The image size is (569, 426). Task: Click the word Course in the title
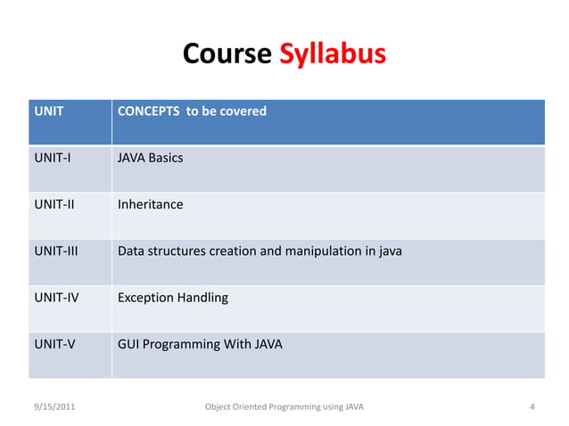(x=227, y=54)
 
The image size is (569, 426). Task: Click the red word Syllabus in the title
(x=332, y=55)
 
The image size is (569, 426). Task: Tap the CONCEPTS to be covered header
(x=192, y=112)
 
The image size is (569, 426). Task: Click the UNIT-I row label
(x=52, y=159)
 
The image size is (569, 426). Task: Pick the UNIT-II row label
(x=54, y=205)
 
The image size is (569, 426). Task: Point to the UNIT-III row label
(x=55, y=251)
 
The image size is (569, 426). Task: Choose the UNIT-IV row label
(x=55, y=298)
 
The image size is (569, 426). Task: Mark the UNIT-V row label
(x=54, y=344)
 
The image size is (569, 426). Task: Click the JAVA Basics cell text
(x=150, y=159)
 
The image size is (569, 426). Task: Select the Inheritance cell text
(x=150, y=205)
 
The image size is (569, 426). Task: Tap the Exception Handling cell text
(x=172, y=298)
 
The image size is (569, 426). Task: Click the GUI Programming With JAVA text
(x=200, y=344)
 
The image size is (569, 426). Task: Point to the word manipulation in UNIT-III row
(x=319, y=251)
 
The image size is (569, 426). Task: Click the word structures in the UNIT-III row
(x=177, y=251)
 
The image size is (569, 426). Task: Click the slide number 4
(x=532, y=408)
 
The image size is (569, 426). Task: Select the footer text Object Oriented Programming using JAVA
(x=284, y=408)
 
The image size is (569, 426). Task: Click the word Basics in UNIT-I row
(x=167, y=159)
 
